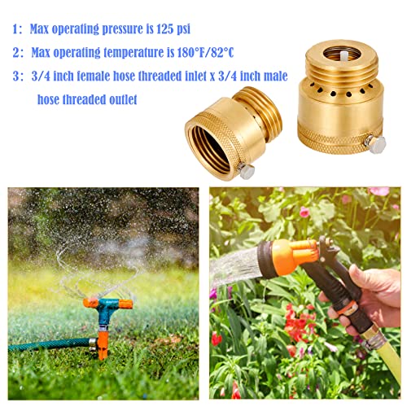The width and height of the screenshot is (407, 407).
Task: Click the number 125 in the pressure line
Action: coord(156,28)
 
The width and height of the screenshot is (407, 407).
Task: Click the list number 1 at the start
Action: coord(15,29)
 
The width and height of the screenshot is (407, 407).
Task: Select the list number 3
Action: coord(15,78)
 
